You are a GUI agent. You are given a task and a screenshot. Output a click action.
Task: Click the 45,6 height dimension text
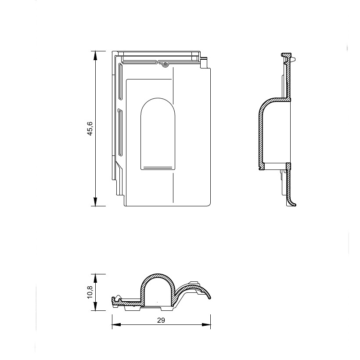tap(90, 129)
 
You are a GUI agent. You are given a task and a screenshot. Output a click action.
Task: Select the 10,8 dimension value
tap(90, 292)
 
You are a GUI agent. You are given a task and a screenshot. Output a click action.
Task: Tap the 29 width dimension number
tap(161, 320)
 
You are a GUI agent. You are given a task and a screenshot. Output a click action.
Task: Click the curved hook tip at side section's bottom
tap(293, 204)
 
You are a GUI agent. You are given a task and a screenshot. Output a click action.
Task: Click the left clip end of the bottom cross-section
tap(115, 300)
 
